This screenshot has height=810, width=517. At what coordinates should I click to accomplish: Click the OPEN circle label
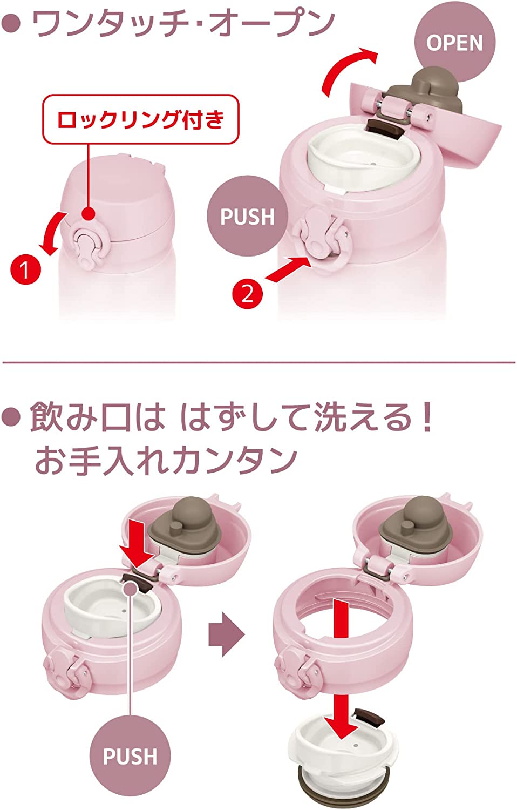[454, 43]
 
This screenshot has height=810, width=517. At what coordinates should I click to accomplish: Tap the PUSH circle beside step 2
[248, 216]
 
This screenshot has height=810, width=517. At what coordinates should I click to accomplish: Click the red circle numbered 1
[26, 269]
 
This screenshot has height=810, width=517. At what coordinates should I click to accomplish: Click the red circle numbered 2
[247, 293]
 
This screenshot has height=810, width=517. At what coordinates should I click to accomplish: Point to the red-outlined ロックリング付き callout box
[141, 119]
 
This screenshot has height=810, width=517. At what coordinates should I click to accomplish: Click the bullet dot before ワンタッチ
[11, 24]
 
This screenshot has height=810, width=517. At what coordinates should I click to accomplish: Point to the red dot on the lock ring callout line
[88, 213]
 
